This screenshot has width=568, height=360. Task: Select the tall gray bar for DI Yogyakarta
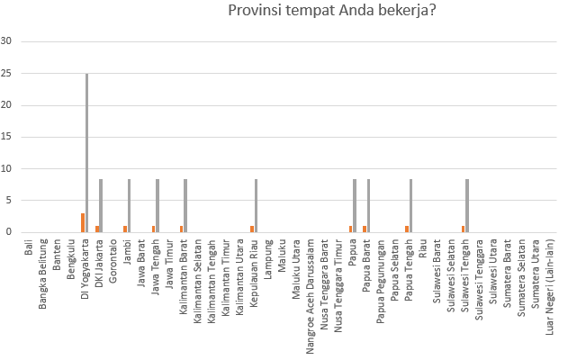(x=87, y=153)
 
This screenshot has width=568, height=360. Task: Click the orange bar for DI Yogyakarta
(x=83, y=223)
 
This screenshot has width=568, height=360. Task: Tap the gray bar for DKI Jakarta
(x=101, y=206)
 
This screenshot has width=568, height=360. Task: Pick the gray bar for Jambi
(x=130, y=206)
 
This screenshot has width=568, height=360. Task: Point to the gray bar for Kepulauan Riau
(x=257, y=206)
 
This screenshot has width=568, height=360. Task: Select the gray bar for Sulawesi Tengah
(x=467, y=206)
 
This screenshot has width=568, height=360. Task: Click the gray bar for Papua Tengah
(x=411, y=206)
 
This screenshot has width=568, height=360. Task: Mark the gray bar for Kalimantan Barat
(x=185, y=206)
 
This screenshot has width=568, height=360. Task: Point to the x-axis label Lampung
(x=268, y=257)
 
